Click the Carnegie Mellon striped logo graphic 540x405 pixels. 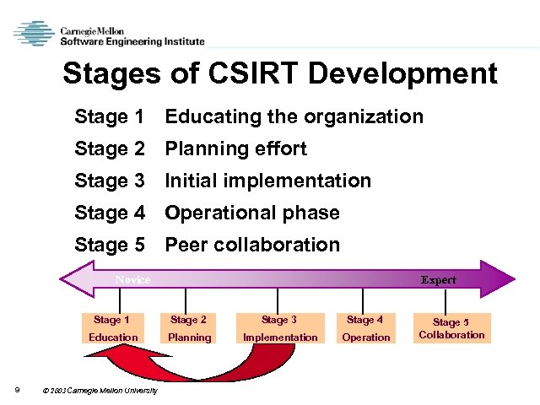pyautogui.click(x=35, y=34)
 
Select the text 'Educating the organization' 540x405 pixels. pyautogui.click(x=294, y=116)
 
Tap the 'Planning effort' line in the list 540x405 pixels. pyautogui.click(x=235, y=148)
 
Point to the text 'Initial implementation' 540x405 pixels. pyautogui.click(x=267, y=181)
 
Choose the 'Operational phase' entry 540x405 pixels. pyautogui.click(x=251, y=213)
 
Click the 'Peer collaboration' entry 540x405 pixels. pyautogui.click(x=251, y=245)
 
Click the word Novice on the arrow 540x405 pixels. pyautogui.click(x=132, y=279)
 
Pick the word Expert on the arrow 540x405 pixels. pyautogui.click(x=438, y=280)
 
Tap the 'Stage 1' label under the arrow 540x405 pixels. pyautogui.click(x=111, y=320)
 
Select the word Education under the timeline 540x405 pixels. pyautogui.click(x=113, y=337)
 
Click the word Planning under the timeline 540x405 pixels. pyautogui.click(x=189, y=337)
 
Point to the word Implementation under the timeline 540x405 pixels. pyautogui.click(x=280, y=337)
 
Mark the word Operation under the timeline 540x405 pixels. pyautogui.click(x=365, y=337)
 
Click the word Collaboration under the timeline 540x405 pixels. pyautogui.click(x=451, y=335)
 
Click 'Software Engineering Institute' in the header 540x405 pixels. pyautogui.click(x=131, y=40)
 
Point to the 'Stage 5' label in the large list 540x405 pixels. pyautogui.click(x=110, y=245)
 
